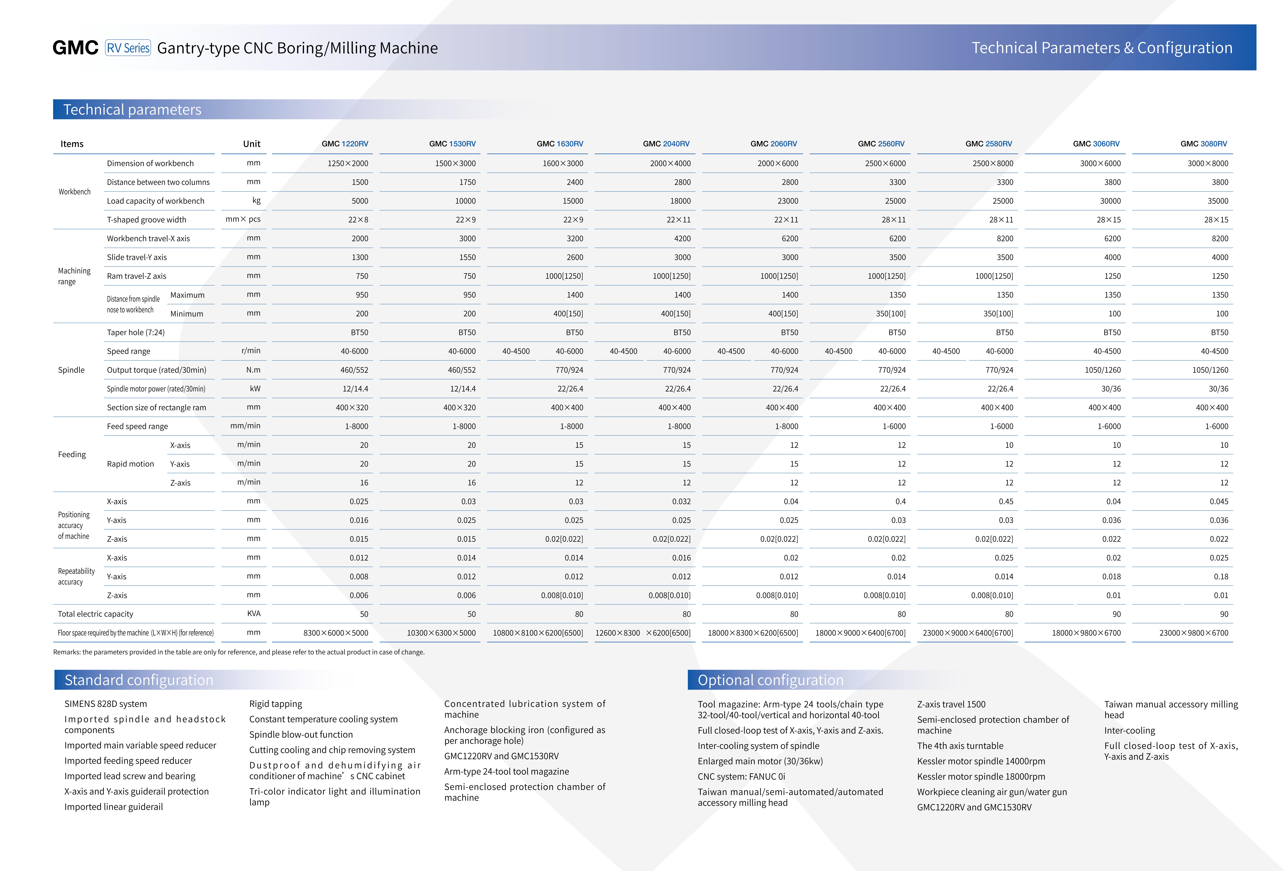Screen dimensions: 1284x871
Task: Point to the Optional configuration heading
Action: tap(771, 680)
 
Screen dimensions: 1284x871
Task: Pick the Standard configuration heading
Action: tap(139, 680)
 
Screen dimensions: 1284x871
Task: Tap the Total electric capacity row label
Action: tap(96, 614)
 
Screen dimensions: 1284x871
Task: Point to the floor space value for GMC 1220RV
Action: tap(336, 633)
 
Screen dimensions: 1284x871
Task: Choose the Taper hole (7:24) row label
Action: tap(136, 332)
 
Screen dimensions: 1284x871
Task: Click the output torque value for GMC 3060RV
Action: tap(1103, 370)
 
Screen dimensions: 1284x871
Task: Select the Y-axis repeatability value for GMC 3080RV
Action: tap(1221, 577)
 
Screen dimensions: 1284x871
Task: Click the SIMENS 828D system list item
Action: tap(106, 704)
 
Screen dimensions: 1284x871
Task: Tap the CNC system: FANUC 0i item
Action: tap(741, 777)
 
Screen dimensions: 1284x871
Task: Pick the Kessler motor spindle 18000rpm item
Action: tap(981, 777)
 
